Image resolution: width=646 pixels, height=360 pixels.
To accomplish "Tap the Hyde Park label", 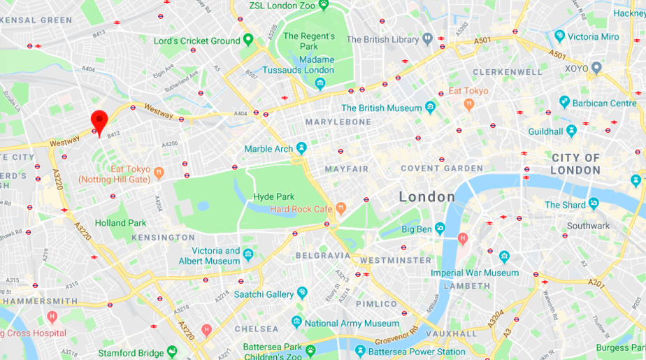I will tap(273, 197).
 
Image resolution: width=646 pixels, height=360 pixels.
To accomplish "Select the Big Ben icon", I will tap(439, 228).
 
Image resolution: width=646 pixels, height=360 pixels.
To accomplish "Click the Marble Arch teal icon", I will tap(301, 148).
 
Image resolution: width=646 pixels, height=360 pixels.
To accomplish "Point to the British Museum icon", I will tap(430, 108).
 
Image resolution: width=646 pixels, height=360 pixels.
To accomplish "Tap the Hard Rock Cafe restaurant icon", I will tap(340, 208).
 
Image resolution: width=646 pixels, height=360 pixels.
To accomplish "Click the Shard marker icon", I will tap(594, 204).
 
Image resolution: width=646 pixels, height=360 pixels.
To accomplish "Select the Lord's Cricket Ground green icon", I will tap(247, 40).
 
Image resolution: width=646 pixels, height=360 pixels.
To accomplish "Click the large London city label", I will tap(426, 197).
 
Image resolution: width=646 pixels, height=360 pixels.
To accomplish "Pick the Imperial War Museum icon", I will tap(505, 257).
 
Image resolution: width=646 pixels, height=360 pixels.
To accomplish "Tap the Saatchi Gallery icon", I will tap(302, 292).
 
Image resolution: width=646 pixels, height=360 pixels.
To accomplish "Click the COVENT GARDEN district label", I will tap(441, 168).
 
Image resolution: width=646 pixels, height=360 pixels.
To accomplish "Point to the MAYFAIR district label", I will tap(346, 169).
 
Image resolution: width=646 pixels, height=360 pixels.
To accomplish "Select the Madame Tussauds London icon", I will tap(320, 83).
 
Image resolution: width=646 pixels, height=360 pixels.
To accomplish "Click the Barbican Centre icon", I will tap(564, 102).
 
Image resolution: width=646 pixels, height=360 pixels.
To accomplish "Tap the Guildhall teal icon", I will tap(571, 131).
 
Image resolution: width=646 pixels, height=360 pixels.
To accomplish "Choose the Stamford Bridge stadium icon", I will tap(172, 352).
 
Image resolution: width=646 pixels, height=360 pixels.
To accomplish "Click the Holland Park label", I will tap(120, 223).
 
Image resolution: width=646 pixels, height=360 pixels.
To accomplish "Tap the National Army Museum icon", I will tap(296, 322).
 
